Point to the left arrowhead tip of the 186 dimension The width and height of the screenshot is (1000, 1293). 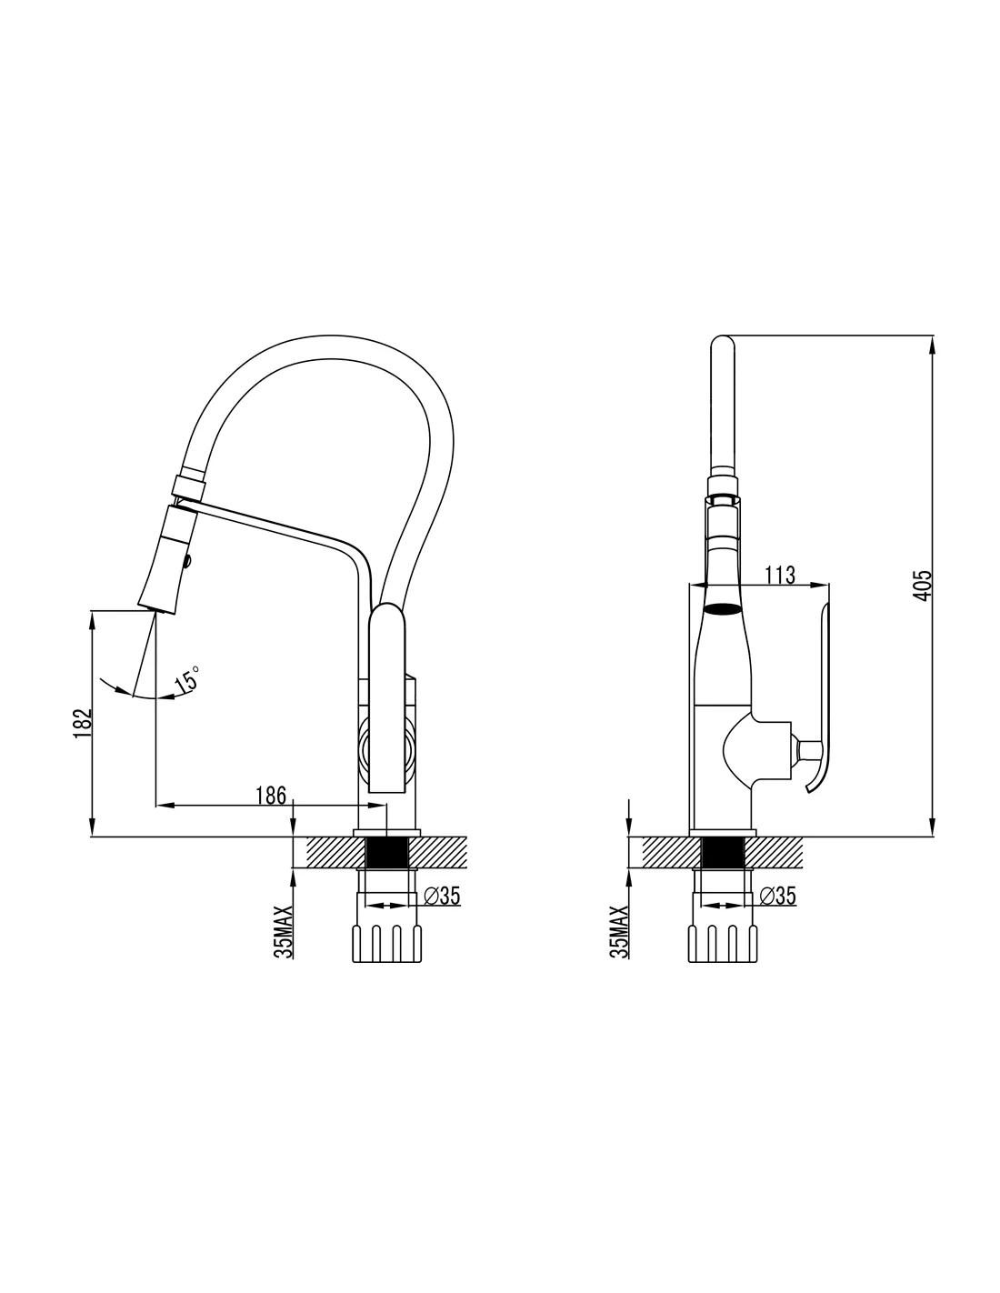click(x=155, y=805)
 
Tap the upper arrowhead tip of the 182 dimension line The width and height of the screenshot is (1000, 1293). click(x=92, y=611)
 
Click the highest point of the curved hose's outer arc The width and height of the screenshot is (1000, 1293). click(x=330, y=335)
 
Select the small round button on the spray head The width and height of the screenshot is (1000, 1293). click(x=189, y=559)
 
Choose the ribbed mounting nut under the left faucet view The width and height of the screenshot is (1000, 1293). click(x=386, y=944)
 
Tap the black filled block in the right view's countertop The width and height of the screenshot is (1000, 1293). click(x=723, y=852)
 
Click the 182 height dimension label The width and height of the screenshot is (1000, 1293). click(x=82, y=723)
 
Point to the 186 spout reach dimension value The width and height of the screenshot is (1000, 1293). click(x=271, y=795)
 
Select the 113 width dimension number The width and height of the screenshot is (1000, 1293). click(x=780, y=576)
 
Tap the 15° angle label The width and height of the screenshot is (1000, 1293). click(x=186, y=680)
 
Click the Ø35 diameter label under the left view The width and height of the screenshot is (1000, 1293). click(x=442, y=896)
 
